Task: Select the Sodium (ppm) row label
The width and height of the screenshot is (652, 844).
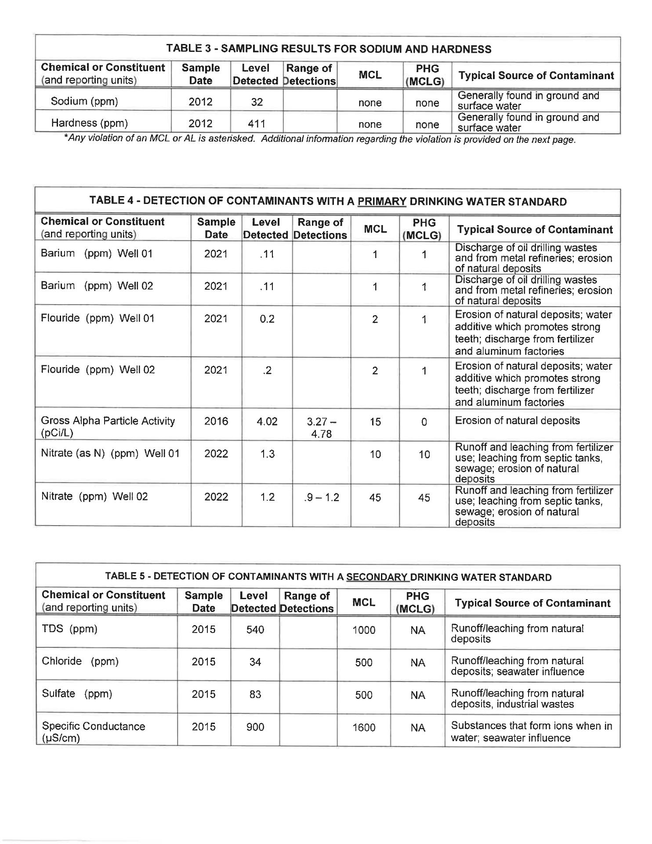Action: (x=84, y=102)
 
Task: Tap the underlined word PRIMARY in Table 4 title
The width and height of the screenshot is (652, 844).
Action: (x=382, y=202)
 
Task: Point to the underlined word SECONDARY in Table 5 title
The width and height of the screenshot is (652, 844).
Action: (x=377, y=577)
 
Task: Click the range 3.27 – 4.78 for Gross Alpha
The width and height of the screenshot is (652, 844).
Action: (x=321, y=428)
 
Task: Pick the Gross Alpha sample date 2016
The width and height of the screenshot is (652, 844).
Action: (x=216, y=422)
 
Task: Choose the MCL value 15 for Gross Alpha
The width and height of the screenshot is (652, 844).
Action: (x=375, y=422)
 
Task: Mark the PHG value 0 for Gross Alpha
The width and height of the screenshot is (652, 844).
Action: (x=424, y=422)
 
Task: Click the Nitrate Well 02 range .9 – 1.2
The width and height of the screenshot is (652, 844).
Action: (x=321, y=498)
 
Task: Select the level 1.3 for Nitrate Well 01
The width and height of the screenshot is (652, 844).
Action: (x=267, y=454)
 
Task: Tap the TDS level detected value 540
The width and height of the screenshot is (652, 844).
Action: (x=255, y=630)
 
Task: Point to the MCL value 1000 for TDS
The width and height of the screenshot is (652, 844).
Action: (x=364, y=630)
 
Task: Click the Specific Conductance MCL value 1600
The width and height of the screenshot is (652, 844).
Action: (x=364, y=728)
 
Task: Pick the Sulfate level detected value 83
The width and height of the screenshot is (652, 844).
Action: (x=255, y=695)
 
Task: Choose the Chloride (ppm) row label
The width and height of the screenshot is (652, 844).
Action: (x=80, y=662)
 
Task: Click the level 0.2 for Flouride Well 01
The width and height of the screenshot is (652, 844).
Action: (x=267, y=319)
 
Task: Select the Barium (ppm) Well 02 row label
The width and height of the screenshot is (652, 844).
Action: (x=97, y=286)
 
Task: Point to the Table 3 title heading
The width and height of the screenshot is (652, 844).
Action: (x=328, y=49)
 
